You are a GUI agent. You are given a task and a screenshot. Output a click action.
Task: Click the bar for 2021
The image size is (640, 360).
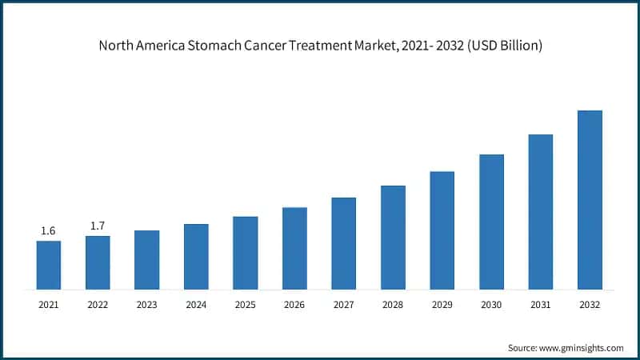click(49, 265)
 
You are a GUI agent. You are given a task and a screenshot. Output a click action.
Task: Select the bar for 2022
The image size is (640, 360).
click(98, 262)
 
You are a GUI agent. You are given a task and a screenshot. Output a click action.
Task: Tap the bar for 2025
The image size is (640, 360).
click(246, 253)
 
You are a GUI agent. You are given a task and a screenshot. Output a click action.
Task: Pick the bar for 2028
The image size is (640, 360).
click(393, 237)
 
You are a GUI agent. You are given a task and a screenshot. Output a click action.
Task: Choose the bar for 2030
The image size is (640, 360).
click(491, 222)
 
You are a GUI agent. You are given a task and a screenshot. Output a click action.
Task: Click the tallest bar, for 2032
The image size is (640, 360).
click(590, 199)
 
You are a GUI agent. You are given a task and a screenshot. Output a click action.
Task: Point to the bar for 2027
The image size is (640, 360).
click(344, 243)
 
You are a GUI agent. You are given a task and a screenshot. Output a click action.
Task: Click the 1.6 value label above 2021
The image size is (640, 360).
click(49, 231)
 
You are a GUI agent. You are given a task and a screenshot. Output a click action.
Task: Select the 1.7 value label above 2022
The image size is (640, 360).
click(98, 226)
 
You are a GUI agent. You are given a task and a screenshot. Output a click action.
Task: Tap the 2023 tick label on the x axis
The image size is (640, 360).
click(147, 305)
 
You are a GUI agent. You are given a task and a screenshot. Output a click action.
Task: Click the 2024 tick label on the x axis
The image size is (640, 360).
click(196, 305)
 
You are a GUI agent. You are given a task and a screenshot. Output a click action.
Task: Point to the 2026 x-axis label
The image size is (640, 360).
click(294, 305)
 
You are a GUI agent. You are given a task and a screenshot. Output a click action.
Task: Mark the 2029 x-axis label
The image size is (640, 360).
click(442, 305)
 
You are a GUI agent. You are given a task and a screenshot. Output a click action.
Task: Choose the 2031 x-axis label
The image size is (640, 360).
click(540, 305)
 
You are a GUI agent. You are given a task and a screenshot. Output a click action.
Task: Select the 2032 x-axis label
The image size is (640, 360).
click(590, 305)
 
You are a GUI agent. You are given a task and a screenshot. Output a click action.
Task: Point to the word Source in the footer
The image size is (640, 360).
click(524, 348)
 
